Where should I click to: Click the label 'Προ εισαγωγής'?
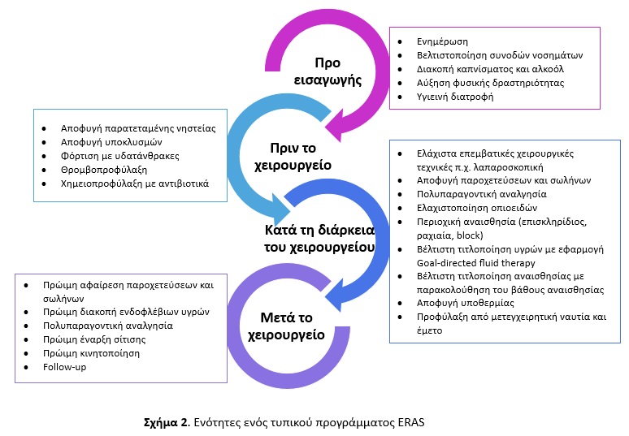pyautogui.click(x=328, y=71)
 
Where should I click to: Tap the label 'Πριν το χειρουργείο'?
pyautogui.click(x=293, y=157)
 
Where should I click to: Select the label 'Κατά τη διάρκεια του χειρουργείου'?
pyautogui.click(x=319, y=239)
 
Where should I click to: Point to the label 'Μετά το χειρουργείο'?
pyautogui.click(x=286, y=326)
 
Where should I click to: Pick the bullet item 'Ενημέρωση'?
pyautogui.click(x=442, y=41)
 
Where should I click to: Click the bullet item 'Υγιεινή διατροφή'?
pyautogui.click(x=455, y=97)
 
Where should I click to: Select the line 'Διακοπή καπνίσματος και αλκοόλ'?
pyautogui.click(x=490, y=69)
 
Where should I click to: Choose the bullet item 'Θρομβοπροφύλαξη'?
pyautogui.click(x=104, y=170)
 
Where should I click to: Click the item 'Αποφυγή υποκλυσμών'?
pyautogui.click(x=111, y=142)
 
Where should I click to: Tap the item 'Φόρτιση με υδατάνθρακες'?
pyautogui.click(x=120, y=156)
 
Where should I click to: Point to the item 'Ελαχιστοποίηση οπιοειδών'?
pyautogui.click(x=477, y=208)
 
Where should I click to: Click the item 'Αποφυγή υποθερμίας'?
pyautogui.click(x=466, y=303)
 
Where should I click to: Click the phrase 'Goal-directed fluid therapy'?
pyautogui.click(x=475, y=263)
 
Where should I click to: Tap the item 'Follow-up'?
pyautogui.click(x=64, y=367)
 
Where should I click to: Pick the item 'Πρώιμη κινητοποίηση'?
pyautogui.click(x=92, y=353)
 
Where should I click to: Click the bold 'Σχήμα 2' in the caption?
pyautogui.click(x=166, y=423)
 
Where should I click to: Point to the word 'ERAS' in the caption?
pyautogui.click(x=411, y=422)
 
